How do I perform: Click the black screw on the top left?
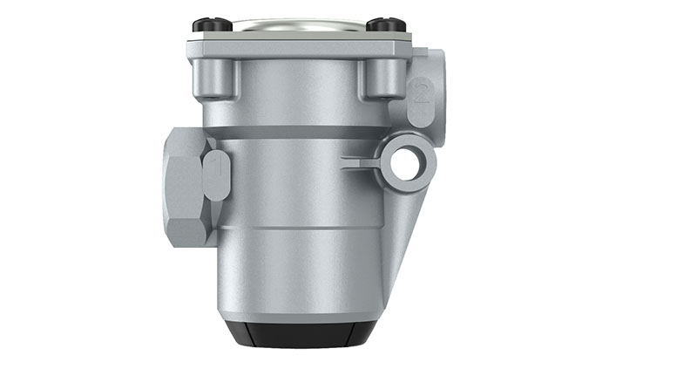click(212, 24)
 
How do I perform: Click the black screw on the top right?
click(386, 24)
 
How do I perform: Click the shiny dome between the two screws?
click(299, 24)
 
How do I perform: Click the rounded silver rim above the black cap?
click(301, 310)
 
